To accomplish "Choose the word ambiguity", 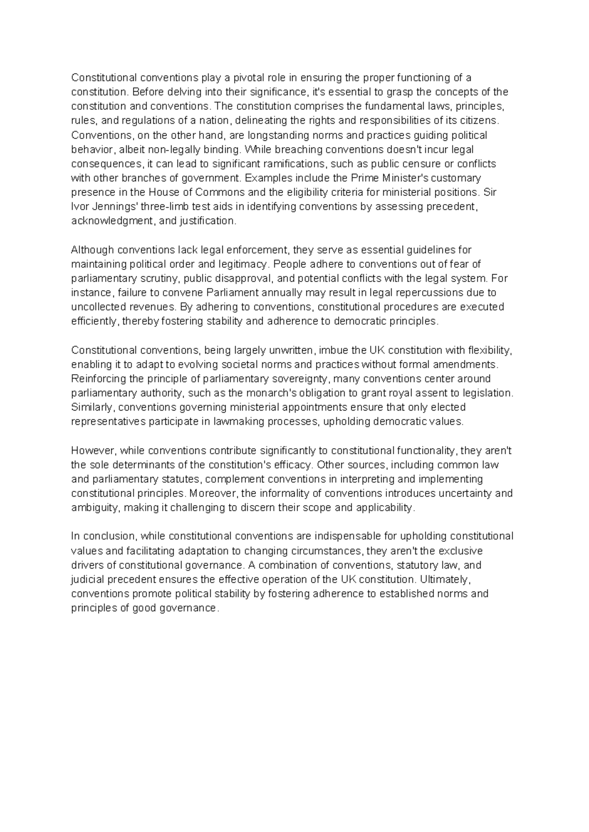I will click(x=94, y=508).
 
